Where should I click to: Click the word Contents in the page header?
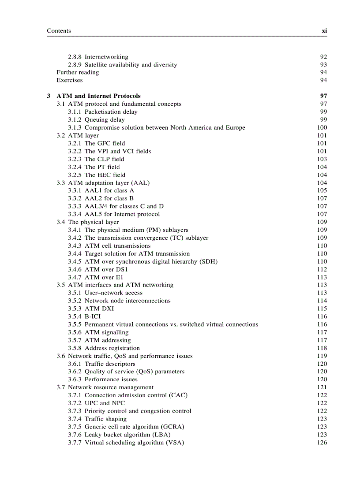[59, 31]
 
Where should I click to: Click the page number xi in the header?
[324, 31]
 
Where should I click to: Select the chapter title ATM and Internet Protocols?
[98, 96]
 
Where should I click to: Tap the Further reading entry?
[78, 72]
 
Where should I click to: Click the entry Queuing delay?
[105, 120]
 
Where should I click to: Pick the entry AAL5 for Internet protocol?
[122, 214]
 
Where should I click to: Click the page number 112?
[322, 269]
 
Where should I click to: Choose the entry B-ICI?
[95, 316]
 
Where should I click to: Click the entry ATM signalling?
[106, 332]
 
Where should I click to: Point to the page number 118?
[322, 348]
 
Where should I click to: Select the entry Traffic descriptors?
[110, 364]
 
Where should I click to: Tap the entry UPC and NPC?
[105, 403]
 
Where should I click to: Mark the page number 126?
[322, 443]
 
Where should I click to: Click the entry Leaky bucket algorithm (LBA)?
[127, 435]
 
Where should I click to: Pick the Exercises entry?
[69, 80]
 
